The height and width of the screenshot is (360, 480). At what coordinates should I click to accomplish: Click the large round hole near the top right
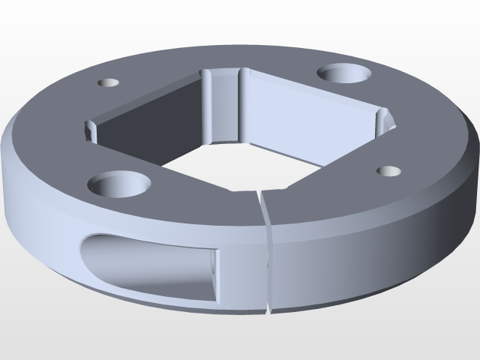click(x=344, y=73)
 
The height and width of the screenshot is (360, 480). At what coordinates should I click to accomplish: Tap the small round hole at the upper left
click(x=109, y=82)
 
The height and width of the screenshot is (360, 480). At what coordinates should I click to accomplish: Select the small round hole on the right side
click(x=388, y=171)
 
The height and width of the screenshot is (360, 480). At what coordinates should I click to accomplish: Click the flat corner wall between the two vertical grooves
click(x=223, y=105)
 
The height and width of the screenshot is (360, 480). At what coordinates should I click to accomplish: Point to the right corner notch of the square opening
click(x=384, y=120)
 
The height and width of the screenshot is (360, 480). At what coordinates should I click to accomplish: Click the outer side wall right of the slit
click(x=360, y=255)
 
